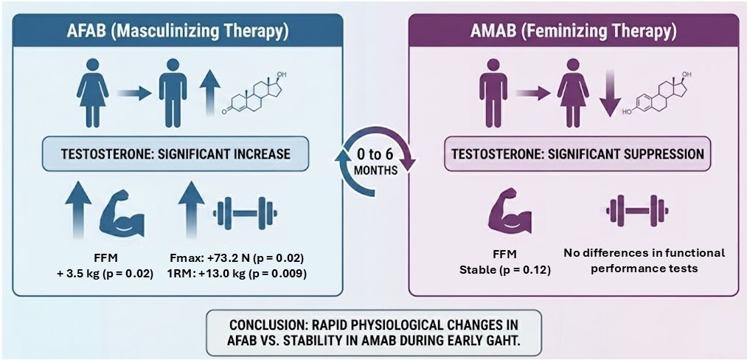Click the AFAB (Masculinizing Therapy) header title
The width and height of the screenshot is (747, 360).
[x=177, y=32]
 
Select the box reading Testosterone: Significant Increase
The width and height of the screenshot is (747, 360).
[x=176, y=153]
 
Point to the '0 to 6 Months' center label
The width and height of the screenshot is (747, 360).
[x=376, y=162]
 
